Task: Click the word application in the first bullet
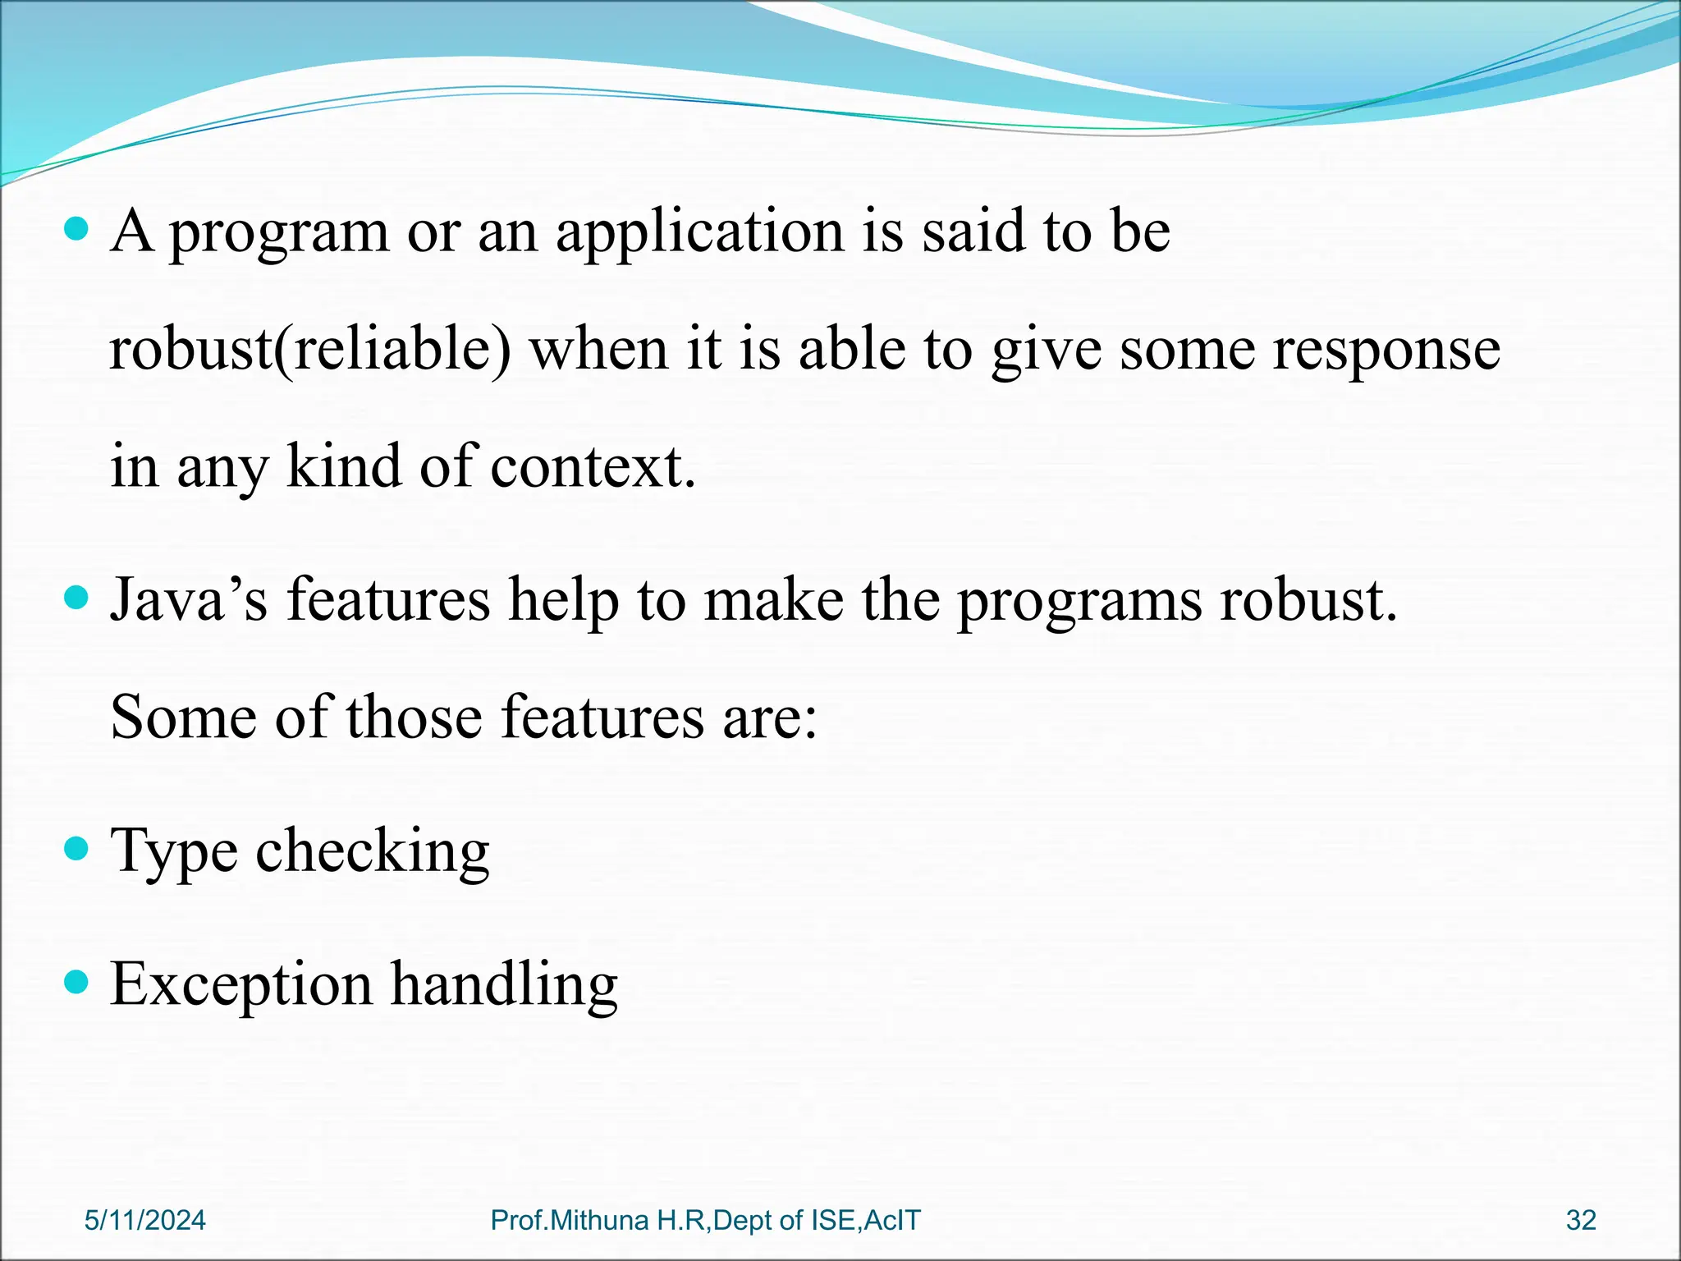pos(700,232)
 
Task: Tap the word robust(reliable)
pos(310,350)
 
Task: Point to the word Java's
pos(189,599)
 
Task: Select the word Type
pos(173,851)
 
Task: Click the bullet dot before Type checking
pos(76,848)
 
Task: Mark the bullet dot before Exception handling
pos(76,981)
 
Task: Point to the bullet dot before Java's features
pos(76,598)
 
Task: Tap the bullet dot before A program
pos(76,228)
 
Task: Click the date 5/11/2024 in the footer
pos(145,1221)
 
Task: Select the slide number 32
pos(1581,1221)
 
